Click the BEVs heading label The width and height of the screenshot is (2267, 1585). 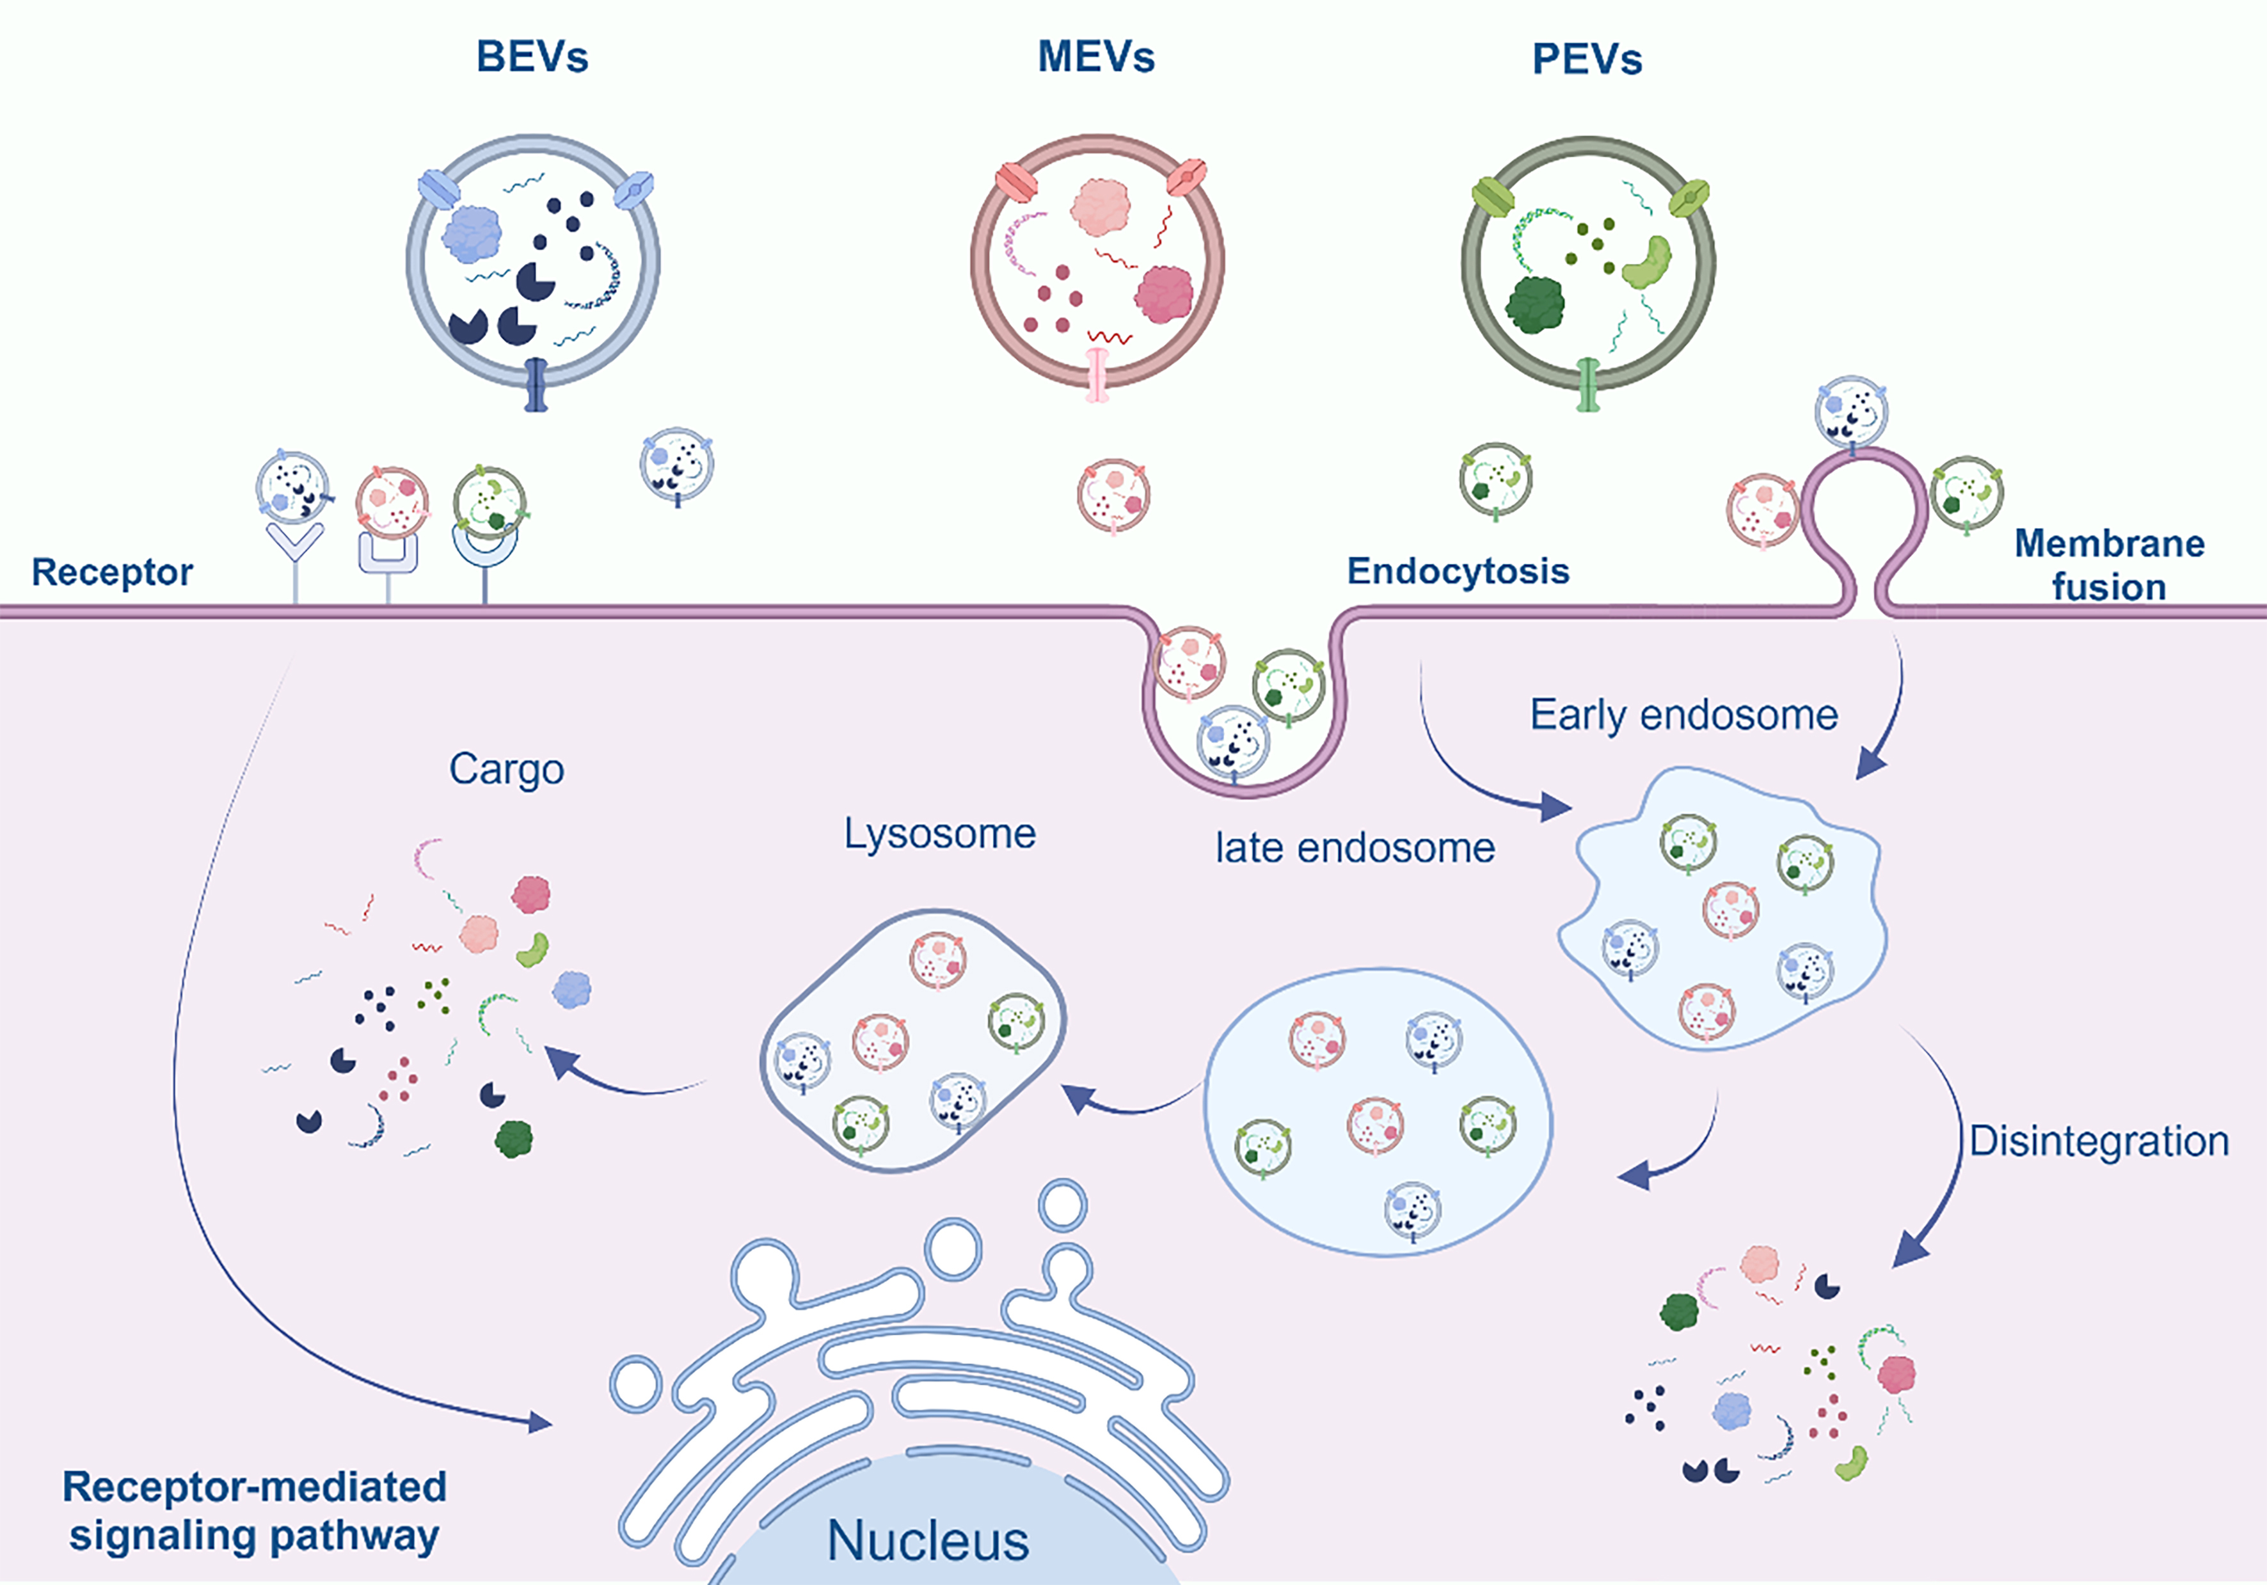click(532, 58)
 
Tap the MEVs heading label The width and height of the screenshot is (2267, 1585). click(1096, 58)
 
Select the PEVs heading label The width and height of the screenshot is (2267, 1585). click(1587, 59)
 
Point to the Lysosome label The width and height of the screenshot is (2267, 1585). click(939, 834)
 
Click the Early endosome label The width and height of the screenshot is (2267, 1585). click(1683, 715)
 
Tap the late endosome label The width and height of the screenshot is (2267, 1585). click(1355, 848)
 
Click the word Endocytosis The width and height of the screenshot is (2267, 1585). click(1458, 570)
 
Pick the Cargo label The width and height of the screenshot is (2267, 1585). click(507, 769)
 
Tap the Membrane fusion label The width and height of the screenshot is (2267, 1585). click(2109, 565)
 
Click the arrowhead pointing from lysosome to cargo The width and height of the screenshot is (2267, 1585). click(560, 1063)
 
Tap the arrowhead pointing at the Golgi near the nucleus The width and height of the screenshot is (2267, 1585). click(540, 1422)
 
